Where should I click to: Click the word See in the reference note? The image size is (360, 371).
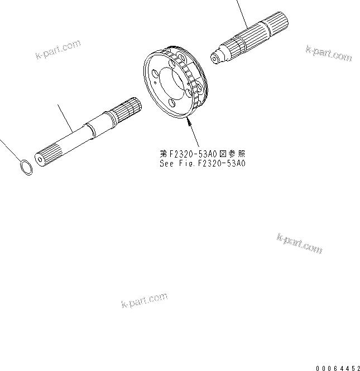tap(168, 164)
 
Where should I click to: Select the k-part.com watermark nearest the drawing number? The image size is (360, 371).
tap(299, 243)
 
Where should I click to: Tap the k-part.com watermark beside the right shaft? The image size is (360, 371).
tap(329, 54)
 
